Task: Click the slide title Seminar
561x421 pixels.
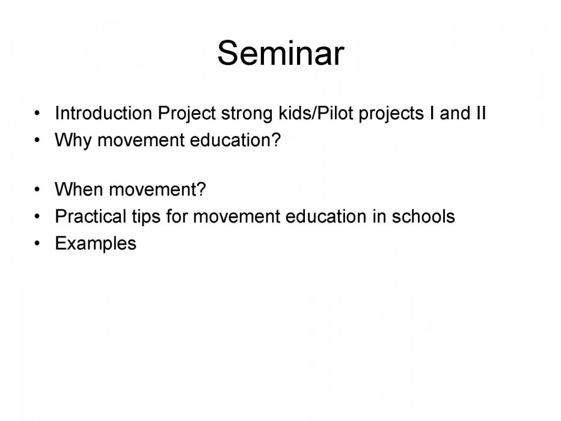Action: (281, 53)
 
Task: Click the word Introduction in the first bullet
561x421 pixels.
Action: (103, 113)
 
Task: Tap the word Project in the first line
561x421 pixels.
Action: (186, 114)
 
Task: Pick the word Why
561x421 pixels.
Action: (73, 141)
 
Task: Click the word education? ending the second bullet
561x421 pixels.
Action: (235, 140)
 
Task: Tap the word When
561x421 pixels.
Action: (79, 189)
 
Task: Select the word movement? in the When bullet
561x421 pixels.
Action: (158, 189)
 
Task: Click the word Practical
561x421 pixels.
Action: (91, 217)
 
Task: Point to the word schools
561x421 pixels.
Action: (423, 217)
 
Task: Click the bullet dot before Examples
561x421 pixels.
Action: (37, 244)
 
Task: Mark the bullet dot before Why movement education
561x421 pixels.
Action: (37, 140)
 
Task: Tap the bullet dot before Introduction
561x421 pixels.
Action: (37, 113)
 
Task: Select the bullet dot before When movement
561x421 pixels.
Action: (37, 189)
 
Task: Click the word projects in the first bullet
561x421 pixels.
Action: (391, 114)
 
